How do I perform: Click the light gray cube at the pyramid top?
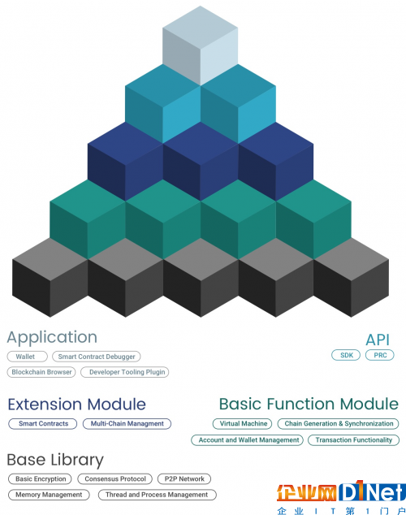[201, 45]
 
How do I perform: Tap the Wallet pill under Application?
[28, 357]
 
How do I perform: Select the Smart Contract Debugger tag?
[97, 357]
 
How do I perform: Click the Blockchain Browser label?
[41, 372]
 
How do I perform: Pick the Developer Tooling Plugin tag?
[125, 372]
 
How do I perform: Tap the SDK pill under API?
[346, 355]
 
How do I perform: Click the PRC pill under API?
[380, 355]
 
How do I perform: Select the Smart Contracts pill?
[43, 424]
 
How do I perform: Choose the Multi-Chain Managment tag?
[127, 424]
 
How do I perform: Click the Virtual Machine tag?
[243, 424]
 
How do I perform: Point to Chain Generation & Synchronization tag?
[339, 424]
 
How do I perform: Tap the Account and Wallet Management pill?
[248, 440]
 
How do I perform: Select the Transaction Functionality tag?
[354, 440]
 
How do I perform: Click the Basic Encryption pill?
[40, 479]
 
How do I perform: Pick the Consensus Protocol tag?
[114, 479]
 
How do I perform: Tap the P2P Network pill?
[184, 479]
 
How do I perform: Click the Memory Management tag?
[49, 495]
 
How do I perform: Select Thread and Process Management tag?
[158, 495]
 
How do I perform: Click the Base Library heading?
[55, 460]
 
